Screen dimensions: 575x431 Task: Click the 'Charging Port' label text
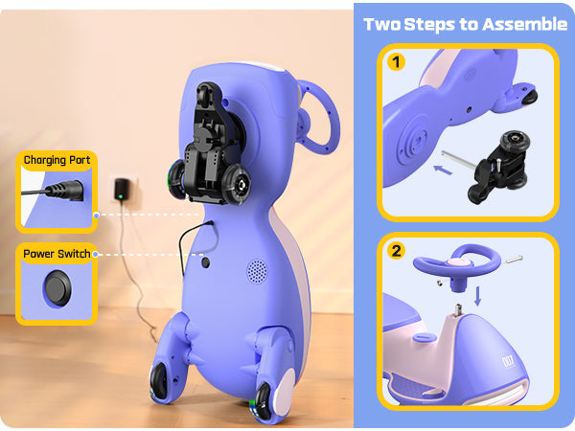(x=57, y=160)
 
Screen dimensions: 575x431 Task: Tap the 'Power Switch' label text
(x=57, y=254)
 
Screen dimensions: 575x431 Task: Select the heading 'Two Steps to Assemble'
(x=466, y=25)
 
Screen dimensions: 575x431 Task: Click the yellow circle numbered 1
(x=396, y=62)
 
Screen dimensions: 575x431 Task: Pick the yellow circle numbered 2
(x=396, y=251)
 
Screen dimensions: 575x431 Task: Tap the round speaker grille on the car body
(x=257, y=271)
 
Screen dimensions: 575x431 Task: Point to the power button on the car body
(x=206, y=262)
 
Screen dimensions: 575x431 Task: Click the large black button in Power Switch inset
(x=57, y=288)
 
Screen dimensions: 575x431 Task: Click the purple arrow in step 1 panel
(x=443, y=170)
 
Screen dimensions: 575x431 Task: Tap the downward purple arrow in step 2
(x=477, y=296)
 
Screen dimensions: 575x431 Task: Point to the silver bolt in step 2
(x=514, y=260)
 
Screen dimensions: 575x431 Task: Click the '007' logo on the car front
(x=508, y=361)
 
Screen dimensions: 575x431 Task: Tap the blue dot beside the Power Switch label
(x=95, y=254)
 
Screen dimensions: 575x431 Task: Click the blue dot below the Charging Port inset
(x=96, y=215)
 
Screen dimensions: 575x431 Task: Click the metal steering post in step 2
(x=458, y=310)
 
